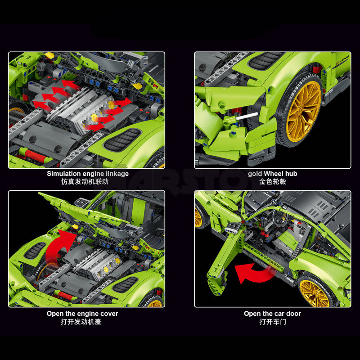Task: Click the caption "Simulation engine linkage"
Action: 88,174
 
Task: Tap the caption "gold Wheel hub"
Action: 272,174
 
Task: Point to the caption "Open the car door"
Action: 272,314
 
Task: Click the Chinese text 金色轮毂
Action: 272,182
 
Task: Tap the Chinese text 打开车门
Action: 272,322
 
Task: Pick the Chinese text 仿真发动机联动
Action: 88,182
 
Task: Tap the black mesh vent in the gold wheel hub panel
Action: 266,61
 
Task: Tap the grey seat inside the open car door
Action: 285,243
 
